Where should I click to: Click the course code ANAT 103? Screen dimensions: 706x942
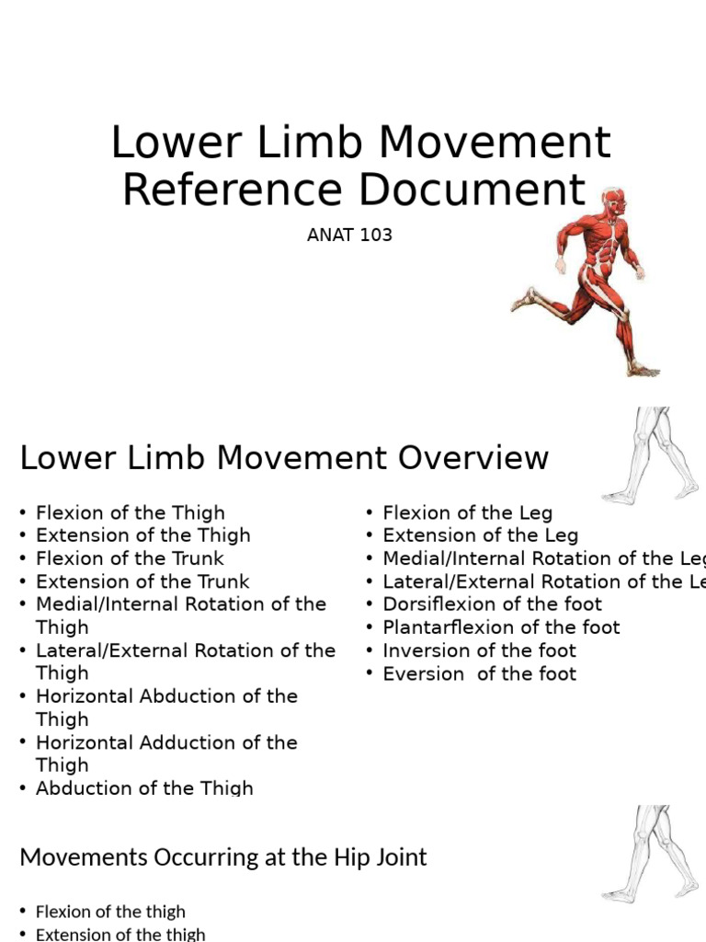click(349, 235)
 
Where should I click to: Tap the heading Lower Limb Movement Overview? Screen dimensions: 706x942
click(284, 457)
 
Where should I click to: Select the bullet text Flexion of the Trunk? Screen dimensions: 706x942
click(130, 558)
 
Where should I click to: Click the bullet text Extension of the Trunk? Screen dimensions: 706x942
click(142, 581)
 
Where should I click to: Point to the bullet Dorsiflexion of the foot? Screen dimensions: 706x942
click(492, 604)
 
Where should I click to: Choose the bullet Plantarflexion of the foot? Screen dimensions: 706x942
click(501, 627)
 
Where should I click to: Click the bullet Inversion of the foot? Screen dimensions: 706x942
click(479, 650)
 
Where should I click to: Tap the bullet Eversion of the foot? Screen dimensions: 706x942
click(479, 673)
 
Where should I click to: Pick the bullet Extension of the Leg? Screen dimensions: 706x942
click(480, 535)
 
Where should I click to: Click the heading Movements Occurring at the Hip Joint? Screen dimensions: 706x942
click(223, 857)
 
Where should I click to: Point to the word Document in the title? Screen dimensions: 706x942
click(472, 190)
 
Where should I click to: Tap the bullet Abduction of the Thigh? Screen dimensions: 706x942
click(144, 787)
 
